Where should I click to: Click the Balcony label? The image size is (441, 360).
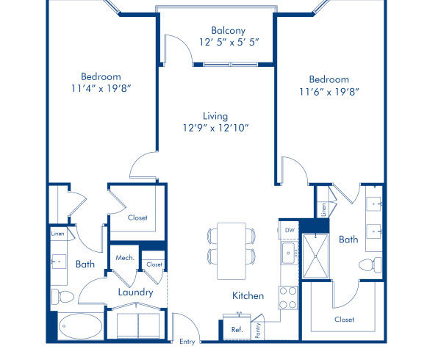coord(227,30)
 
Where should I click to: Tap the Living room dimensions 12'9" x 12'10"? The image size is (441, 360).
coord(215,128)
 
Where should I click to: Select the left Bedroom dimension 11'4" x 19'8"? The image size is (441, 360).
coord(101,88)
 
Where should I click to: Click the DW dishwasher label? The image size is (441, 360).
coord(289,230)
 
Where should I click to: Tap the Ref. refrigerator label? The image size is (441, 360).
coord(237,330)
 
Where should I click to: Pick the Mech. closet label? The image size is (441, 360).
coord(124,258)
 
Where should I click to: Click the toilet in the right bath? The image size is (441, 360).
coord(368,264)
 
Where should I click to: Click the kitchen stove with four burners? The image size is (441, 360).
coord(287,297)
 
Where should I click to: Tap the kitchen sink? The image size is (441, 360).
coord(288,255)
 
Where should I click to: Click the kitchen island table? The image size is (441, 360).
coord(232,251)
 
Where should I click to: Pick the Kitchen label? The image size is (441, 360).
coord(248,295)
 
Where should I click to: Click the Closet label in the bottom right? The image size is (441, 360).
coord(344,319)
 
